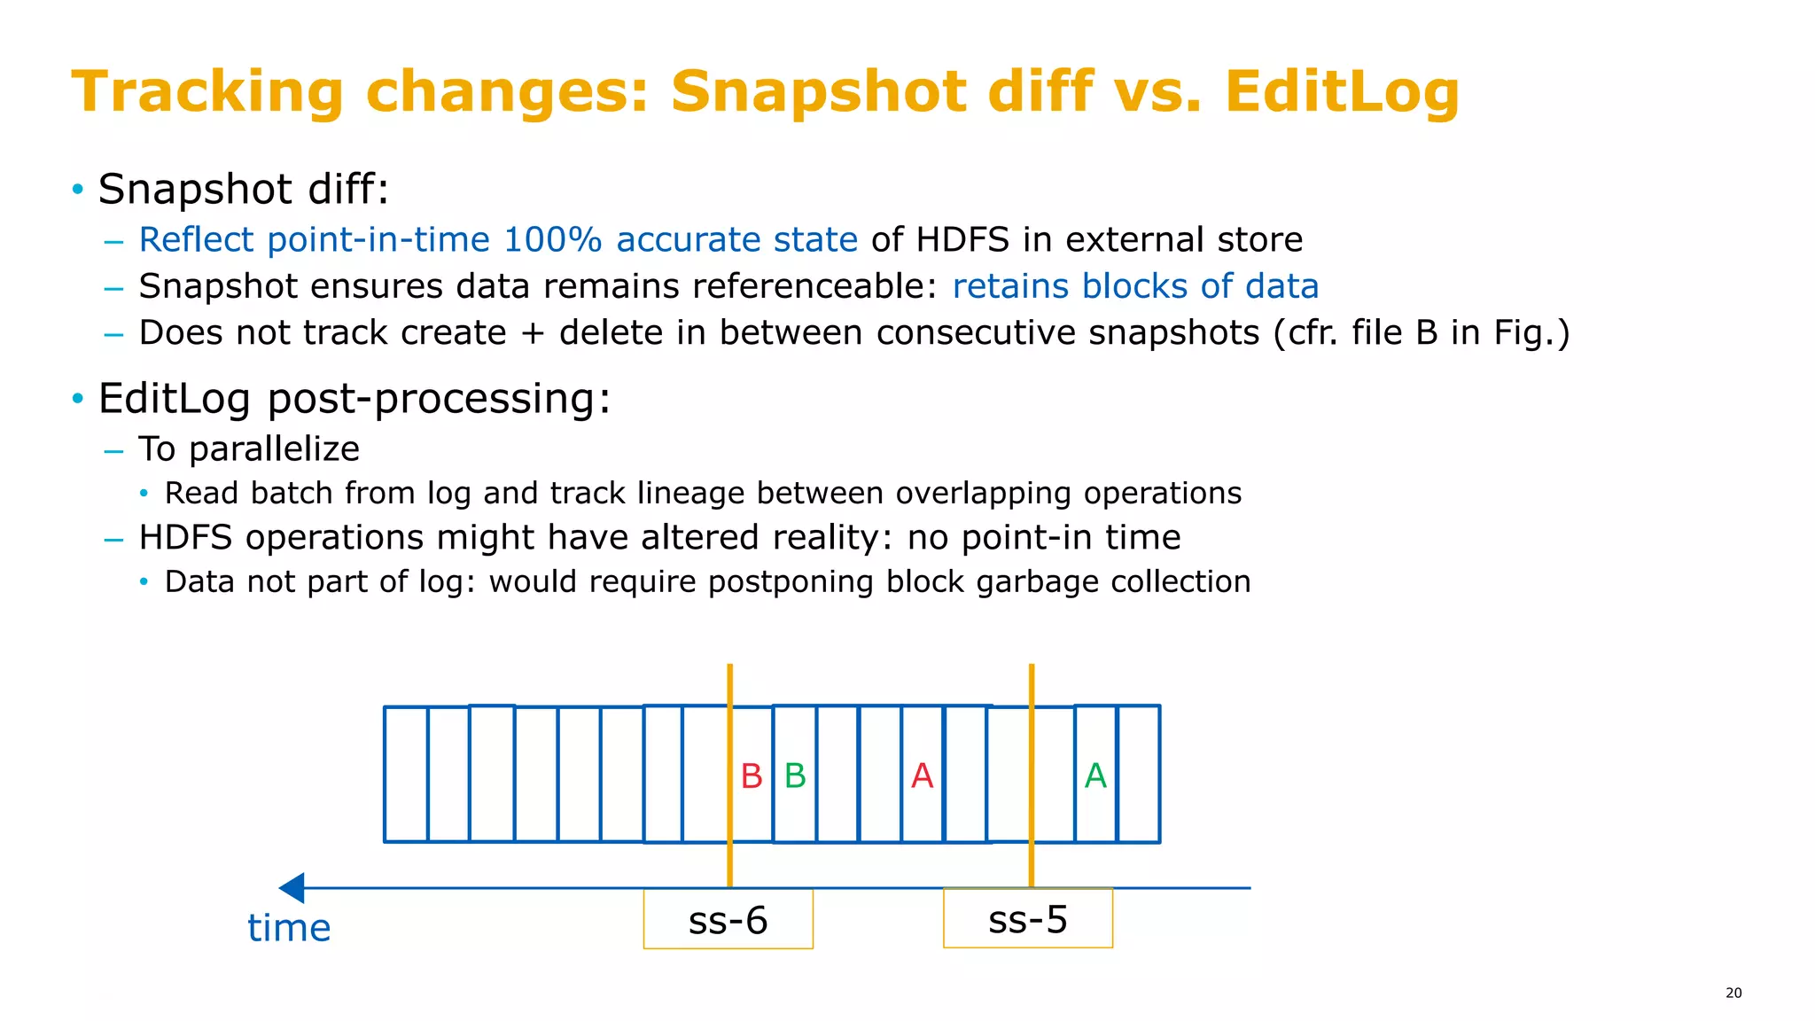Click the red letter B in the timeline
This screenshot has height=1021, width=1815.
click(751, 776)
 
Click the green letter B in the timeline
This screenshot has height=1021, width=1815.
click(795, 776)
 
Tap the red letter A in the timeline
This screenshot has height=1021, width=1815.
click(922, 776)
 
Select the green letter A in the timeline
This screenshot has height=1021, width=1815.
click(1095, 776)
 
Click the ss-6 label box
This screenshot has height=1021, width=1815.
click(728, 920)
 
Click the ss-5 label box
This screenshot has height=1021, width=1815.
click(1027, 919)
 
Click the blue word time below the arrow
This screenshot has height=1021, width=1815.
click(289, 928)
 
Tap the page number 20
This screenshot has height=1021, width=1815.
click(1733, 993)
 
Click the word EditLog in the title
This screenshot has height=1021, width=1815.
click(1342, 92)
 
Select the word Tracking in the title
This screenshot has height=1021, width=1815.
click(206, 92)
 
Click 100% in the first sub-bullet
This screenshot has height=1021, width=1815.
click(552, 240)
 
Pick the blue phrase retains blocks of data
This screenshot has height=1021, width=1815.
click(1135, 286)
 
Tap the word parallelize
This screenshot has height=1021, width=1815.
click(275, 449)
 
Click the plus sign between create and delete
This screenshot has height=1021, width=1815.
click(532, 334)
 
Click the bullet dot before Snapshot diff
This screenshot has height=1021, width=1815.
click(78, 189)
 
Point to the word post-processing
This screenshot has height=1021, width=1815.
click(439, 399)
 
